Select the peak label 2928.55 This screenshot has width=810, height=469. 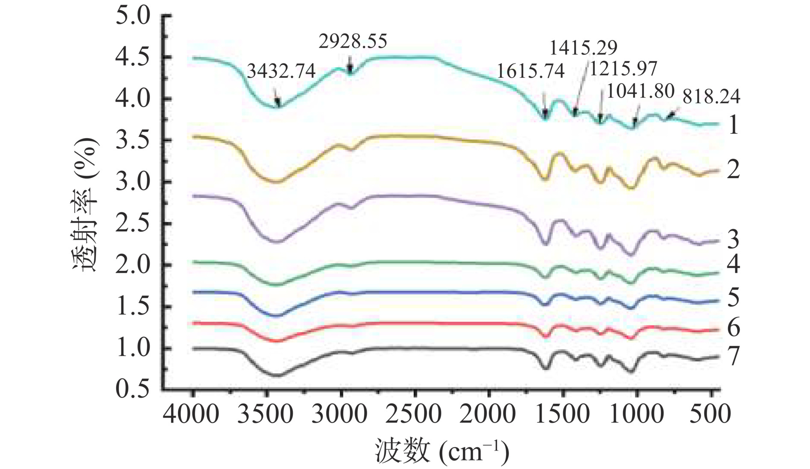[353, 41]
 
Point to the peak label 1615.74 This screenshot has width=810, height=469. [531, 71]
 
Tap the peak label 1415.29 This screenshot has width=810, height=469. [583, 48]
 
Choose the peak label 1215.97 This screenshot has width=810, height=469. [623, 69]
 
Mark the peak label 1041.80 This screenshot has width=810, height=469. [641, 91]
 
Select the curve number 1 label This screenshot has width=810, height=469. [733, 125]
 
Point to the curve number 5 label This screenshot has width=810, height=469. [733, 297]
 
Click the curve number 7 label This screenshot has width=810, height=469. [733, 356]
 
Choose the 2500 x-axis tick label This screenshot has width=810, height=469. [414, 415]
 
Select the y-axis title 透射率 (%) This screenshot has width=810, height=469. [85, 204]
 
